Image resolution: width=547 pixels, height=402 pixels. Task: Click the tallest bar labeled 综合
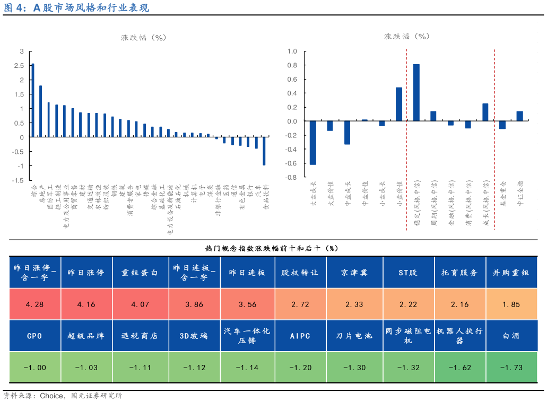33,100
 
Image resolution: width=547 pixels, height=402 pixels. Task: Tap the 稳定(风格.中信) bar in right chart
416,93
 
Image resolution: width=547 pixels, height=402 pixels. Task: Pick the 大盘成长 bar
313,143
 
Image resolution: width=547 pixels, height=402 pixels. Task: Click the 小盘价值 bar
399,104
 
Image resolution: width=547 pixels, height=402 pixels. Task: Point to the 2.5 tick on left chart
21,66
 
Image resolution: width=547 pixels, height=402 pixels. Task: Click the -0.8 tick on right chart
291,177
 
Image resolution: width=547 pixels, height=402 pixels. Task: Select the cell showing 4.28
34,304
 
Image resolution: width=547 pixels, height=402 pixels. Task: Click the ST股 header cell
407,273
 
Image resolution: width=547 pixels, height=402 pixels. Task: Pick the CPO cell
34,336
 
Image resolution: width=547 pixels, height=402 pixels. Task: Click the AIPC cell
300,336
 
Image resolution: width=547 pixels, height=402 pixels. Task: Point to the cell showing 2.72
300,304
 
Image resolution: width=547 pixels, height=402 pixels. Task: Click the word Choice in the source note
53,396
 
